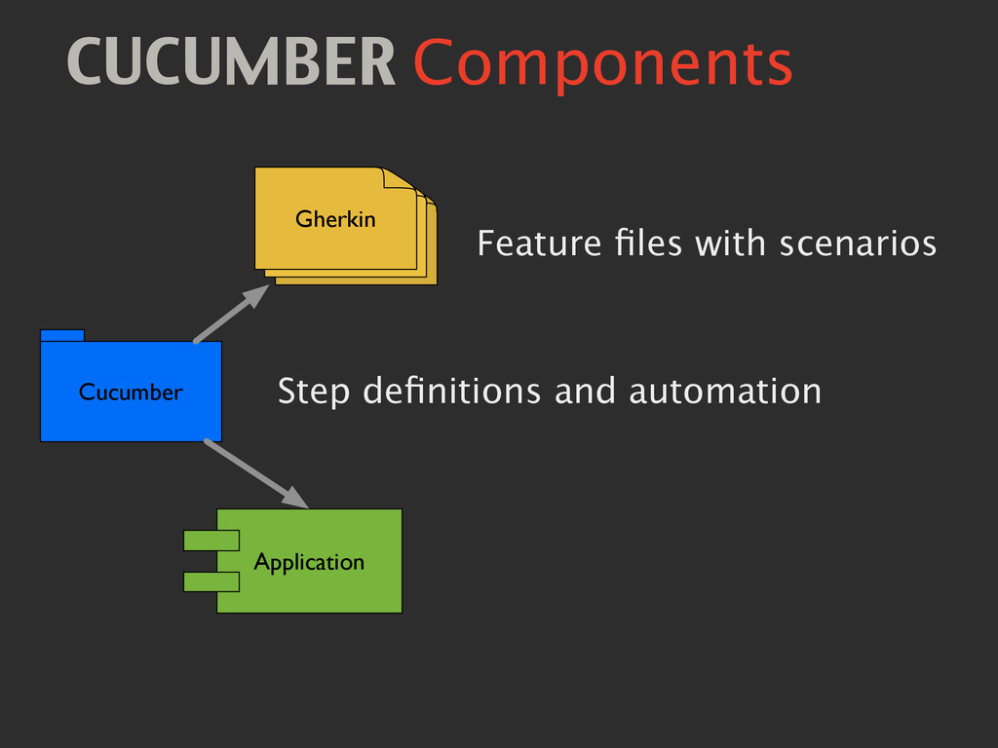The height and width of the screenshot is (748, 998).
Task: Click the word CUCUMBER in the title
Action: click(231, 63)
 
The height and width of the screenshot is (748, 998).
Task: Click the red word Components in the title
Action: click(602, 65)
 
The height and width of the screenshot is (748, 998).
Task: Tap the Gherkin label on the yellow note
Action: click(335, 219)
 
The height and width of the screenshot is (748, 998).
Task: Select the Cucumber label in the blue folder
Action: click(131, 392)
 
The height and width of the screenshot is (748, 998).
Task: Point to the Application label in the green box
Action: click(308, 562)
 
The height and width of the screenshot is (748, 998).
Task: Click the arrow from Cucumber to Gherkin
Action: click(231, 313)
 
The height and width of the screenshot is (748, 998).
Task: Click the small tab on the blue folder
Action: click(62, 335)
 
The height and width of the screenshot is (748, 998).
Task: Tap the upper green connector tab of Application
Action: click(211, 540)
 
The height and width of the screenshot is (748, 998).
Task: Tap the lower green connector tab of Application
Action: click(211, 581)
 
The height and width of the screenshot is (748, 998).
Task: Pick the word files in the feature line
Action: click(647, 243)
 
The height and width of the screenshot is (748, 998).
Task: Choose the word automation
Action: click(724, 392)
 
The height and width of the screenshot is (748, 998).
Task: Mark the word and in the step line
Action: click(585, 392)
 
